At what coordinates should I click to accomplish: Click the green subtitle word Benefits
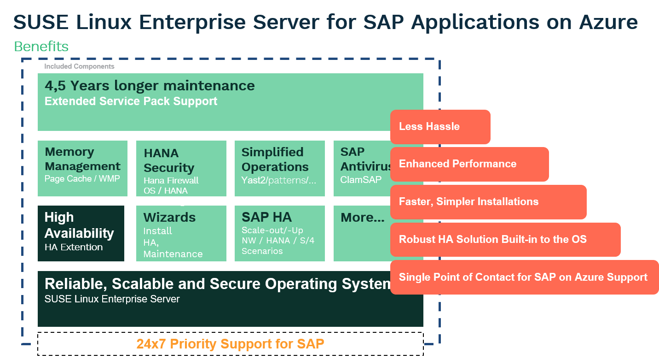(41, 47)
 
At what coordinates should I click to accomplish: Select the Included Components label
(79, 66)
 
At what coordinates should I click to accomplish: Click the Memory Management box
(82, 168)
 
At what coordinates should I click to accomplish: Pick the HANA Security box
(181, 168)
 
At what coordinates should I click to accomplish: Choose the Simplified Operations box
(279, 168)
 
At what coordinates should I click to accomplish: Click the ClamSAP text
(361, 180)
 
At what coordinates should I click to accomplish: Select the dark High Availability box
(81, 233)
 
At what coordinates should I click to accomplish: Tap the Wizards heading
(169, 217)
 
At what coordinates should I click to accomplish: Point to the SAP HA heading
(266, 217)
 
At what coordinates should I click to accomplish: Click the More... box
(362, 233)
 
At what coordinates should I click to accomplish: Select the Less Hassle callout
(440, 127)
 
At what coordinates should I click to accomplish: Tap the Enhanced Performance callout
(469, 164)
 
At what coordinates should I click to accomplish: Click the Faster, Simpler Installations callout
(488, 202)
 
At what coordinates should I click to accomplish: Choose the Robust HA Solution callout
(505, 240)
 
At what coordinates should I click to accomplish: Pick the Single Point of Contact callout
(524, 277)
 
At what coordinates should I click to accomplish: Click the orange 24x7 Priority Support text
(230, 344)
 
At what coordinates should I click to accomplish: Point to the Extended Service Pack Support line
(131, 101)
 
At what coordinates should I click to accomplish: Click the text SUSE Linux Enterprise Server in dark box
(112, 299)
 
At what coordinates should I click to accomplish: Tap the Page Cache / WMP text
(82, 179)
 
